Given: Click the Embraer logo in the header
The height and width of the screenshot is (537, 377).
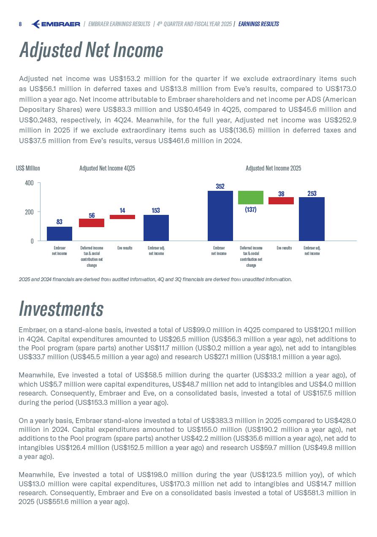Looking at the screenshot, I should point(56,24).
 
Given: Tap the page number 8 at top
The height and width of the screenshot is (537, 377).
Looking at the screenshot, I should point(20,24).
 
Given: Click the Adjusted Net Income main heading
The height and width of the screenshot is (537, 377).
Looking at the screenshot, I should point(91,50).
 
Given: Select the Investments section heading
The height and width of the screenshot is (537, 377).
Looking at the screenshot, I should point(61,309).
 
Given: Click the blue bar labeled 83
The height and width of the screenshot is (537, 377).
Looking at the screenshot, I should point(60,233).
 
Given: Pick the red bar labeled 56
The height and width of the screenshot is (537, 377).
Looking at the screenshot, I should point(92,223).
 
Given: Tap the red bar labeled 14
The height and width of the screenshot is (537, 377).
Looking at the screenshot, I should point(122,217).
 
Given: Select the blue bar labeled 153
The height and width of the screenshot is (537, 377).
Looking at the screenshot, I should point(156,228).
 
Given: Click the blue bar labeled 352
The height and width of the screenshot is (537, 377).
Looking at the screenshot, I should point(220,216).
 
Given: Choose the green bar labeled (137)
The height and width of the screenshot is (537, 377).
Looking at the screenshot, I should point(251,198).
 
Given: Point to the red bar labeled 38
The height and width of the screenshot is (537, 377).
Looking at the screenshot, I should point(281,201).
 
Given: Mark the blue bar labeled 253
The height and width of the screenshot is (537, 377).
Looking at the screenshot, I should point(312,219).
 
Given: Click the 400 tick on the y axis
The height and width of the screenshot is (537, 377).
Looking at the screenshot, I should point(29,183).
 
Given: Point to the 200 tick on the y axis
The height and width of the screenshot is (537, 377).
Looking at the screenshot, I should point(29,212).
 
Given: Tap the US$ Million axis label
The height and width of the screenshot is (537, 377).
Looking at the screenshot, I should point(28,168).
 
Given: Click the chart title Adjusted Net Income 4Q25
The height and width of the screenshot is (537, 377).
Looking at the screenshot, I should point(107,168).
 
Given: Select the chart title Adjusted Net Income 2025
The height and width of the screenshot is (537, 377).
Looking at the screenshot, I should point(273,168).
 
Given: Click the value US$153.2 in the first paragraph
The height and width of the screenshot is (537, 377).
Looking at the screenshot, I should point(125,79).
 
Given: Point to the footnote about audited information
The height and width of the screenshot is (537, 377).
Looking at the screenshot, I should point(155,279).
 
